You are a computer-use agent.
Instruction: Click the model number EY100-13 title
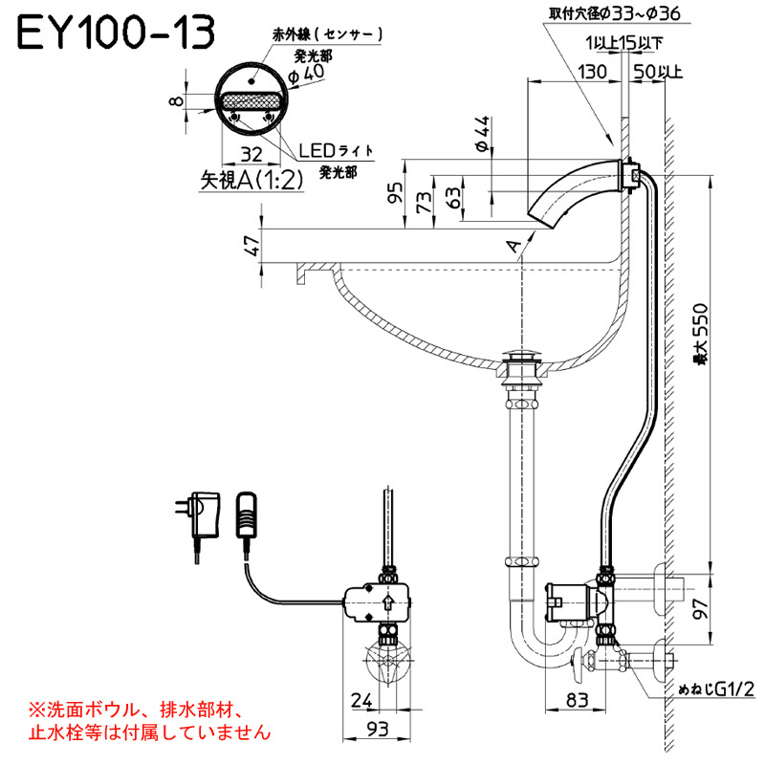click(116, 33)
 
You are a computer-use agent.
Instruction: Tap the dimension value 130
click(592, 73)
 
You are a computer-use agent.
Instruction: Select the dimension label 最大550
click(700, 334)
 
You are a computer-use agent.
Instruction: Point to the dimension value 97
click(701, 608)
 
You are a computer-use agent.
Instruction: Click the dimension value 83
click(578, 700)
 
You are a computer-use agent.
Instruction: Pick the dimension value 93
click(377, 730)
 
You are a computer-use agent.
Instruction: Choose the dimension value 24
click(361, 700)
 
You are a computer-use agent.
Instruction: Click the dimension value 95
click(396, 193)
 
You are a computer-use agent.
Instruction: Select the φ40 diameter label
click(306, 75)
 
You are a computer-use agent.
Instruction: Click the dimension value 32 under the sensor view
click(251, 155)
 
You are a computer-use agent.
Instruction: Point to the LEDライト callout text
click(336, 151)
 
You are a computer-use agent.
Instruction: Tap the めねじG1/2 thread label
click(716, 688)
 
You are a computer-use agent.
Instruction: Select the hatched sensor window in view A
click(251, 102)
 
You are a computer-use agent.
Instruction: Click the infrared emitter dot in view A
click(251, 80)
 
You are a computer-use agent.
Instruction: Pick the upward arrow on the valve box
click(388, 602)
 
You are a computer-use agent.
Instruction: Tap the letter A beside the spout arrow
click(514, 246)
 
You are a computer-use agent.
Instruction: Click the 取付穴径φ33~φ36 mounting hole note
click(614, 13)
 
